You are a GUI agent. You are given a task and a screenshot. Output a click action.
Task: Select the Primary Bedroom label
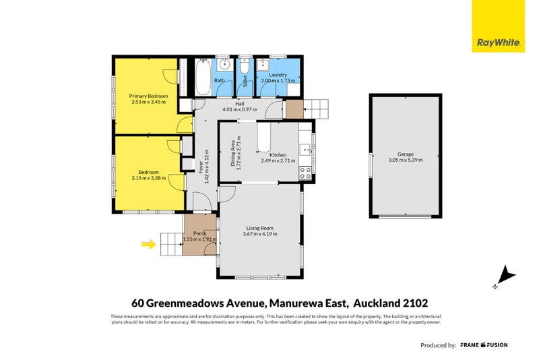(x=148, y=96)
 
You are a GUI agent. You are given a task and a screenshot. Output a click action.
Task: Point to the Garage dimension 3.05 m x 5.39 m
(x=406, y=160)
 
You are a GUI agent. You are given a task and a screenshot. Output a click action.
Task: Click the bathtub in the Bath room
(x=202, y=80)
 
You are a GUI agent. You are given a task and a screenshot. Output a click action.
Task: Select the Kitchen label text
(x=278, y=154)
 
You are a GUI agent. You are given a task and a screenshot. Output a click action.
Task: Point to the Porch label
(x=199, y=233)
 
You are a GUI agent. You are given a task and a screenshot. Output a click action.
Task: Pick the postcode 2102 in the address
(x=414, y=303)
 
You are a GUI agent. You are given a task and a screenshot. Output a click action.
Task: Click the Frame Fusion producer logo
(x=484, y=345)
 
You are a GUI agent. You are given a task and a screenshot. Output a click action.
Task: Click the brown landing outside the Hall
(x=294, y=109)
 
